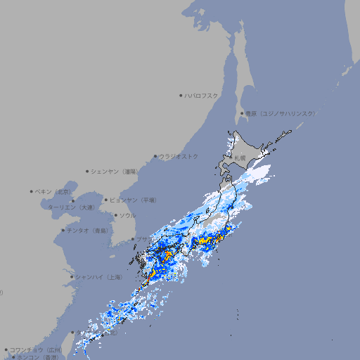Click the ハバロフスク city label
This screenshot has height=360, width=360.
[x=202, y=95]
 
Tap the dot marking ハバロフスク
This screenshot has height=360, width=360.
[x=181, y=95]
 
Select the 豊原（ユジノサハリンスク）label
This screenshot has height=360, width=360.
[x=281, y=113]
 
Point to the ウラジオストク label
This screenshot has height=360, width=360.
[x=179, y=156]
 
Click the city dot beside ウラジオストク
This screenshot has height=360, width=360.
[x=155, y=156]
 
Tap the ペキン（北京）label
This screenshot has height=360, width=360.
[x=54, y=191]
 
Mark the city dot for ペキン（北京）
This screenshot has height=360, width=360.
[x=32, y=191]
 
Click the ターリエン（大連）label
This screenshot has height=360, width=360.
[x=71, y=207]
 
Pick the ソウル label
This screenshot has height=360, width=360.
[x=127, y=215]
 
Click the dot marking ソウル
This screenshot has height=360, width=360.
[x=115, y=215]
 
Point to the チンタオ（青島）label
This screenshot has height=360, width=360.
[x=88, y=231]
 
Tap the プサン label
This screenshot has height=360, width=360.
[x=142, y=240]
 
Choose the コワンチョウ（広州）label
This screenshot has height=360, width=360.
[x=36, y=349]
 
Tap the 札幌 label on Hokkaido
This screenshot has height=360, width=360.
[x=240, y=159]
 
